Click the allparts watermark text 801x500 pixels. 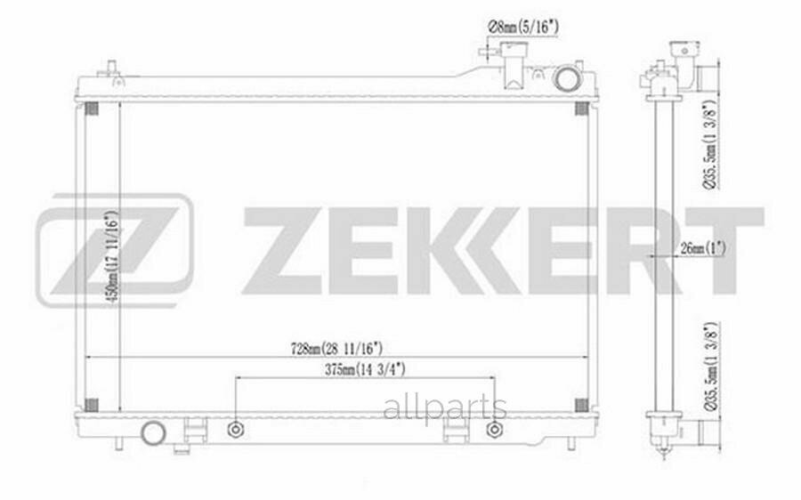point(444,409)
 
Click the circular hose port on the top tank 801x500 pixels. point(566,78)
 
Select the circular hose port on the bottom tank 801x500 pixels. point(155,433)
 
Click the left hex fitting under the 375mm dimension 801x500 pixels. point(235,430)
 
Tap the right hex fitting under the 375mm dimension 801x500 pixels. point(495,430)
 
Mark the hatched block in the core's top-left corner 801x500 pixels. point(91,109)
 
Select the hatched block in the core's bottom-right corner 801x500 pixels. point(581,405)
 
